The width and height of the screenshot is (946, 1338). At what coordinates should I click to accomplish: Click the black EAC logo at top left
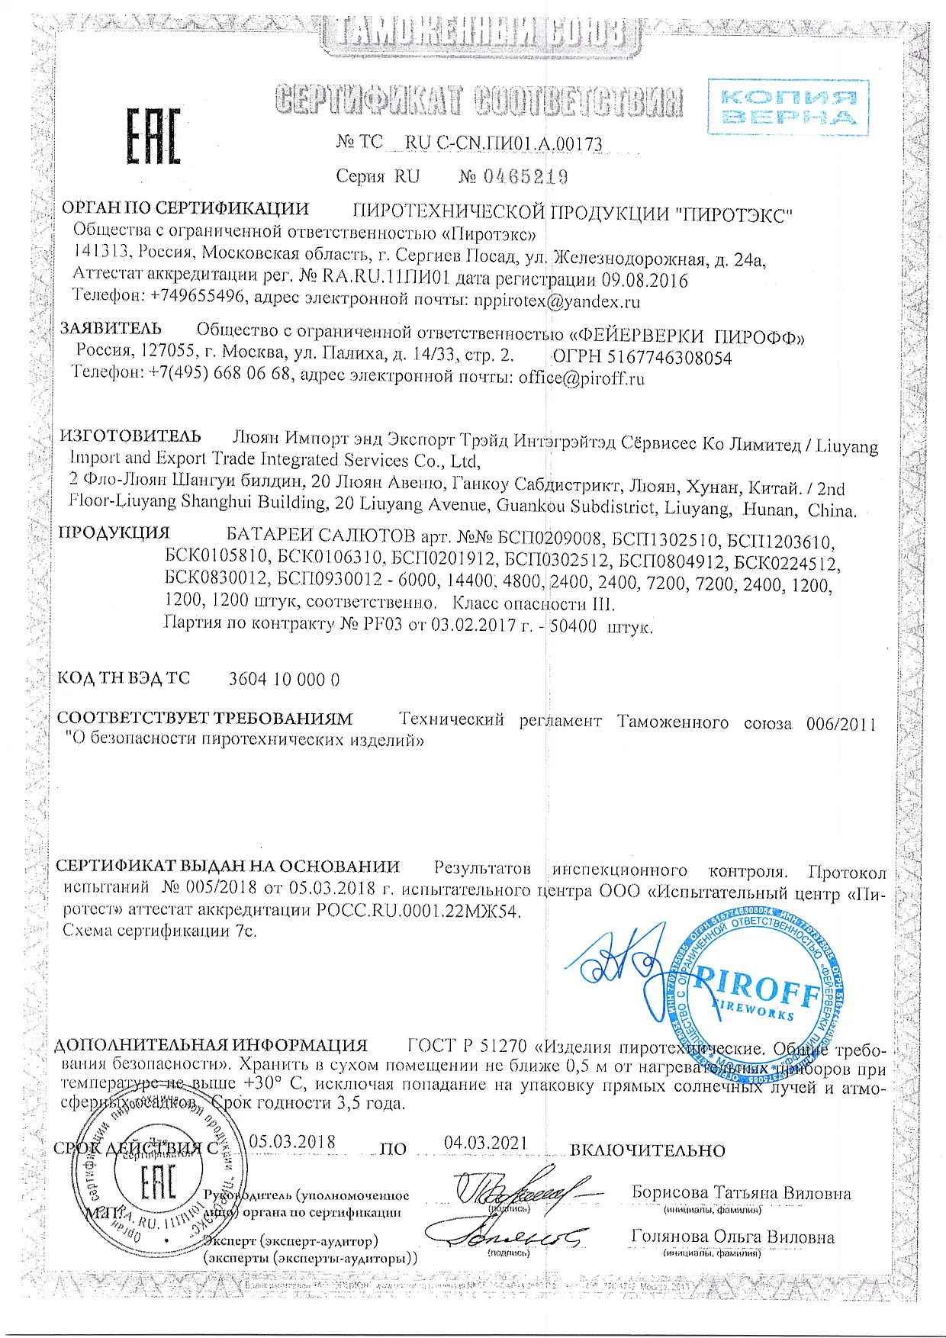pyautogui.click(x=153, y=137)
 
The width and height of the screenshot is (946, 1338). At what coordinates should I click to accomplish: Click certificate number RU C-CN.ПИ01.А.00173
pyautogui.click(x=504, y=143)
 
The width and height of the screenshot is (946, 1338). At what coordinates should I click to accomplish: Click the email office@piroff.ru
pyautogui.click(x=581, y=378)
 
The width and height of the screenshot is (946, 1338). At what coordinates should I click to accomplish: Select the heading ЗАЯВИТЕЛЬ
pyautogui.click(x=111, y=329)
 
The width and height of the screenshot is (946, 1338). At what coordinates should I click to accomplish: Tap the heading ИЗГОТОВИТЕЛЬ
pyautogui.click(x=130, y=436)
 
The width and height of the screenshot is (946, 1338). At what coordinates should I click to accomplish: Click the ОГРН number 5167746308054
pyautogui.click(x=674, y=358)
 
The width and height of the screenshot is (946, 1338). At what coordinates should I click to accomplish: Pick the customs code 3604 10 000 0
pyautogui.click(x=284, y=679)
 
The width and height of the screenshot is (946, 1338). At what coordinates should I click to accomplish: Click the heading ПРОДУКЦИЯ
pyautogui.click(x=114, y=532)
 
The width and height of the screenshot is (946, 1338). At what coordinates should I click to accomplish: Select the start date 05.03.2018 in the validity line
pyautogui.click(x=292, y=1141)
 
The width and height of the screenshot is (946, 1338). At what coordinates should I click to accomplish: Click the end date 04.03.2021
pyautogui.click(x=486, y=1142)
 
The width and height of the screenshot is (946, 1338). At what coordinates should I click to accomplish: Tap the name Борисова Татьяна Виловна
pyautogui.click(x=741, y=1193)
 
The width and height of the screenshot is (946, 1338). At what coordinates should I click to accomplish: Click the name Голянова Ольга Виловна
pyautogui.click(x=732, y=1237)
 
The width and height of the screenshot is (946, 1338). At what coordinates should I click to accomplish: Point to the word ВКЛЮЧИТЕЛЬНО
pyautogui.click(x=648, y=1150)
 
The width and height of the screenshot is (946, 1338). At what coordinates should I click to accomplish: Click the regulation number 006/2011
pyautogui.click(x=841, y=723)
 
